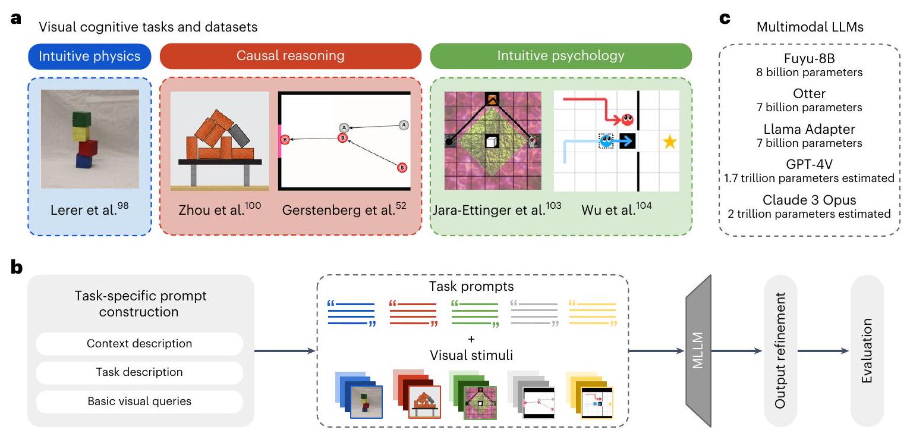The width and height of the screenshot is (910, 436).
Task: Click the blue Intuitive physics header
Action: click(x=89, y=57)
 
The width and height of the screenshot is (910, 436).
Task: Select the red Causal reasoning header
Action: click(x=290, y=57)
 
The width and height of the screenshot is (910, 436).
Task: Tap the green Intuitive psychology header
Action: click(x=561, y=57)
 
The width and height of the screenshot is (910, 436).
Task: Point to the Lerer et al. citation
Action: click(x=89, y=210)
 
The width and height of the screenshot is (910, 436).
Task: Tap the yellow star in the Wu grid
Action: click(x=669, y=142)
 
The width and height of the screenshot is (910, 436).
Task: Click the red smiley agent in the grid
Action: click(x=627, y=120)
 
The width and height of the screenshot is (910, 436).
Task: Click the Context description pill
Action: click(x=140, y=344)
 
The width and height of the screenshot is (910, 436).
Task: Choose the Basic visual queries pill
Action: click(x=140, y=401)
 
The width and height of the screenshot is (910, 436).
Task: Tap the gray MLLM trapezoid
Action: click(x=698, y=351)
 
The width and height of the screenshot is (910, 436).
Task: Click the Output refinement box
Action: click(x=780, y=351)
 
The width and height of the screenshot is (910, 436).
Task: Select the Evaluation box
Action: click(x=867, y=351)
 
